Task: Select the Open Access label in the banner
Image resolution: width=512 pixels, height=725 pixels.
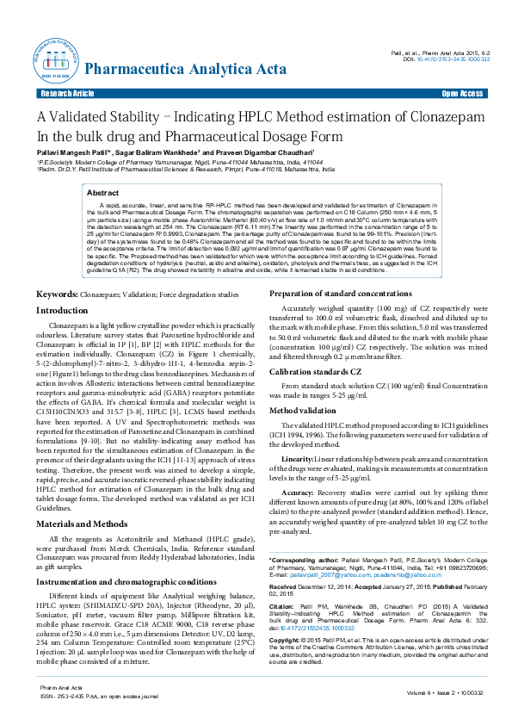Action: tap(462, 92)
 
